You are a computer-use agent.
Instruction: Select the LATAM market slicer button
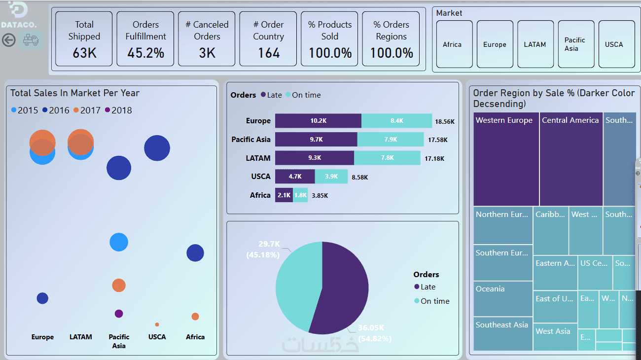point(535,44)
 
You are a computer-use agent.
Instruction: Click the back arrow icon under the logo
point(9,40)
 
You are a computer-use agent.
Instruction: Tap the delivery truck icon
point(31,40)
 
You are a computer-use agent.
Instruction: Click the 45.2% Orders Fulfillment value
point(145,53)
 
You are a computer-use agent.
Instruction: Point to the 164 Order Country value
point(268,53)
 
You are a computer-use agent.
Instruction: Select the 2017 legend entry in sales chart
point(87,110)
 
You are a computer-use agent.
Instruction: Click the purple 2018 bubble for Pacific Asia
point(119,314)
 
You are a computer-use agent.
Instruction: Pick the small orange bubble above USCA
point(157,324)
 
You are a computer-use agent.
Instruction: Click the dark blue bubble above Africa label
point(195,253)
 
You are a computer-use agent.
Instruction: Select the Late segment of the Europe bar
point(318,121)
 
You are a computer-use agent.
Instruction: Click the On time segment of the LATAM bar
point(387,158)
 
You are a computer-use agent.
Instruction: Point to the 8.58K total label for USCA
point(359,177)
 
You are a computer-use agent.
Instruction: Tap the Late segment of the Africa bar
point(284,195)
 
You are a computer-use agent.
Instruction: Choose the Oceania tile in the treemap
point(503,299)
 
